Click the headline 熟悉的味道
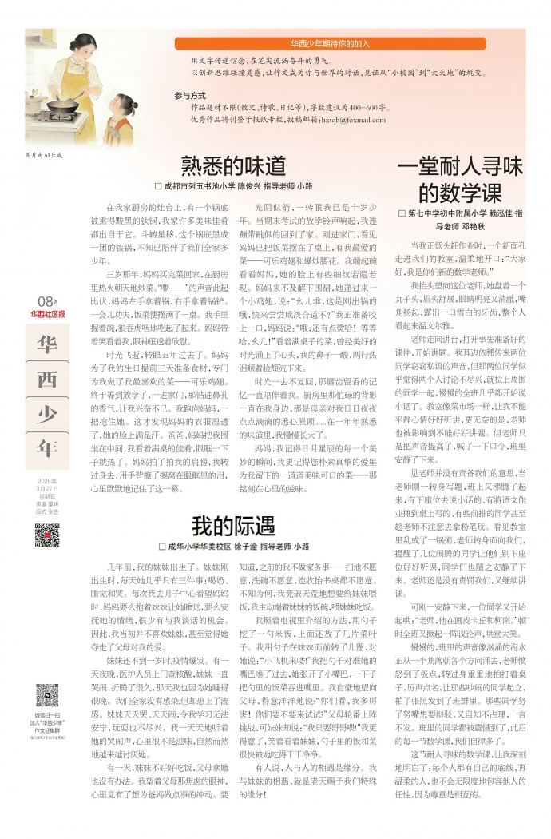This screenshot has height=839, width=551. tap(232, 165)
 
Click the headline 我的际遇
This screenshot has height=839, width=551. tap(232, 526)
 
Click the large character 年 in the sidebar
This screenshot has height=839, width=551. tap(47, 447)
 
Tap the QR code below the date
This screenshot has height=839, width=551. tap(47, 535)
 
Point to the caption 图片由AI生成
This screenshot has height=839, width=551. tap(44, 154)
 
